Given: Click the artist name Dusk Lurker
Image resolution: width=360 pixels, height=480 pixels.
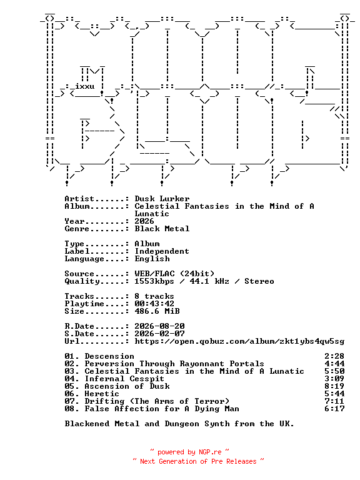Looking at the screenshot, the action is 162,199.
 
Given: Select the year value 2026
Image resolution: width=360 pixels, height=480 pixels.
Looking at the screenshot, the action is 144,221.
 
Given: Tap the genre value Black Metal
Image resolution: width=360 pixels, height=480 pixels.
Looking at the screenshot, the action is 162,229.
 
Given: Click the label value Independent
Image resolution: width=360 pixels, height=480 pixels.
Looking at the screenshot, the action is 162,251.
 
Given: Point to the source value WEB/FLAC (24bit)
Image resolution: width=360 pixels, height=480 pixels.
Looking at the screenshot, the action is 174,274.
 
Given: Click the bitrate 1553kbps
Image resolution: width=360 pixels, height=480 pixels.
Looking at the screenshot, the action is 154,281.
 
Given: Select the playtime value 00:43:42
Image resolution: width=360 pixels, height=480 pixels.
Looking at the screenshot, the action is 154,304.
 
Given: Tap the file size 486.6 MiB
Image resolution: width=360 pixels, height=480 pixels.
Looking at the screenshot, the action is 157,311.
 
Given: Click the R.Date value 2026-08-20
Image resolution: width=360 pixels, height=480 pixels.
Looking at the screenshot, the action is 159,326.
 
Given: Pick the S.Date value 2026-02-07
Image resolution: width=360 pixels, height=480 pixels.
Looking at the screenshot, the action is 159,334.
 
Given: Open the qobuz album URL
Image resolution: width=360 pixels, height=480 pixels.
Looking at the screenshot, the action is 239,341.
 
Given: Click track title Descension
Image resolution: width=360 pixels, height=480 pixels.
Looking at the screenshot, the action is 109,356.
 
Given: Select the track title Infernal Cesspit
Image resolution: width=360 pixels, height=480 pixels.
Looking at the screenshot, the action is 124,379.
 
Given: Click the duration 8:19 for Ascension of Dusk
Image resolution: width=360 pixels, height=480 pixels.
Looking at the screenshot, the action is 334,386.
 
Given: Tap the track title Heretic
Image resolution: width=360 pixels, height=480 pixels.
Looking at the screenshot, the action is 102,394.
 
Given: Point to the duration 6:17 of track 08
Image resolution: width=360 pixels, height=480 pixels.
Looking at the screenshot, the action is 334,409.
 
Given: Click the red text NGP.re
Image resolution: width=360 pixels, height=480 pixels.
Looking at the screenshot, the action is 210,452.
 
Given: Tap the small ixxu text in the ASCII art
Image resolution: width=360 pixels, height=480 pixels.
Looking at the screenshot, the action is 85,86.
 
